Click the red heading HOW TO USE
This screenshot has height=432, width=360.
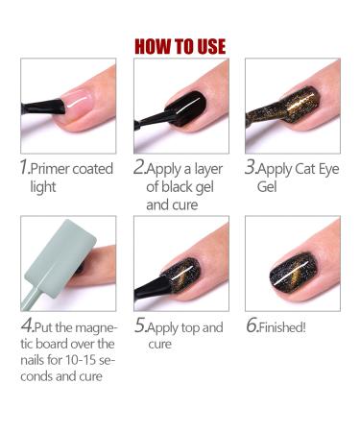pyautogui.click(x=180, y=46)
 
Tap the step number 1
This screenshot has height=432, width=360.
pyautogui.click(x=25, y=167)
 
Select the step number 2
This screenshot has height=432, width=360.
pyautogui.click(x=138, y=167)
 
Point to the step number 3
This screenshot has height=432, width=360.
pyautogui.click(x=251, y=167)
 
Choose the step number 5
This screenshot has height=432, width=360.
pyautogui.click(x=138, y=326)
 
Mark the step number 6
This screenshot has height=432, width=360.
pyautogui.click(x=251, y=326)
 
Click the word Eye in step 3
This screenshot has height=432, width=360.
pyautogui.click(x=323, y=169)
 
